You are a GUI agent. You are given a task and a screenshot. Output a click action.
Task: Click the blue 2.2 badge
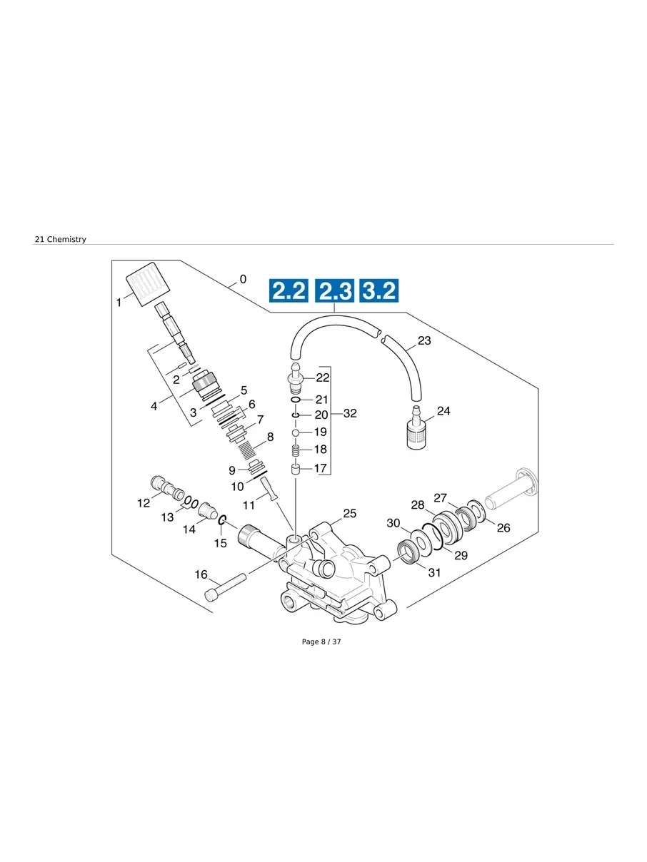(x=289, y=291)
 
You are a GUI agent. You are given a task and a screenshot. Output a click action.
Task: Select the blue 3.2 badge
(x=378, y=291)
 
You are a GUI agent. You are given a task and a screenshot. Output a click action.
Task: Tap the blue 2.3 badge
(x=334, y=291)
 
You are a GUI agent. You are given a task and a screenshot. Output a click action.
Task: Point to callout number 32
(x=350, y=413)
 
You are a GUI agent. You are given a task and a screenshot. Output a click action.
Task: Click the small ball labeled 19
(x=295, y=432)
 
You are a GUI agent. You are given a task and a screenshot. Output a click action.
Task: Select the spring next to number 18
(x=295, y=450)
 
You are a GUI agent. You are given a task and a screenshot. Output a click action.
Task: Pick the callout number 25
(x=349, y=513)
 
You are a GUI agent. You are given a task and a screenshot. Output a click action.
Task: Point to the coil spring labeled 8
(x=246, y=451)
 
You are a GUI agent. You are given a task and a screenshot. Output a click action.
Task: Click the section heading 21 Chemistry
(x=60, y=240)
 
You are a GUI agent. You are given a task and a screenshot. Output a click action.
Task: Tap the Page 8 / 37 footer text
(x=321, y=642)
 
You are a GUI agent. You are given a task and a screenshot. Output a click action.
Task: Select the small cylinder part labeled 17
(x=295, y=469)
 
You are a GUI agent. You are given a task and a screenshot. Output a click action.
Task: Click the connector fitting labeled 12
(x=168, y=489)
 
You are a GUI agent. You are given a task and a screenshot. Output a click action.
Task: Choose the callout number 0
(x=243, y=279)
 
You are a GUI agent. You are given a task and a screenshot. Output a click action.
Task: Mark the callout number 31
(x=434, y=572)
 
